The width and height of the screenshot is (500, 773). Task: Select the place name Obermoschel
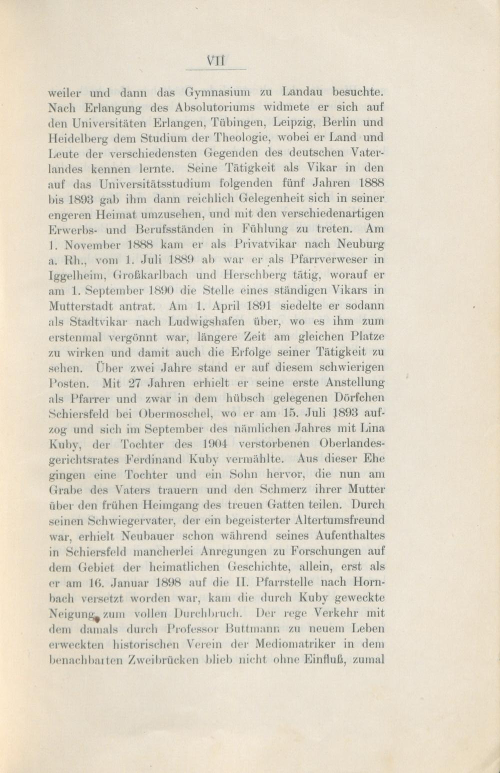click(x=173, y=414)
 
